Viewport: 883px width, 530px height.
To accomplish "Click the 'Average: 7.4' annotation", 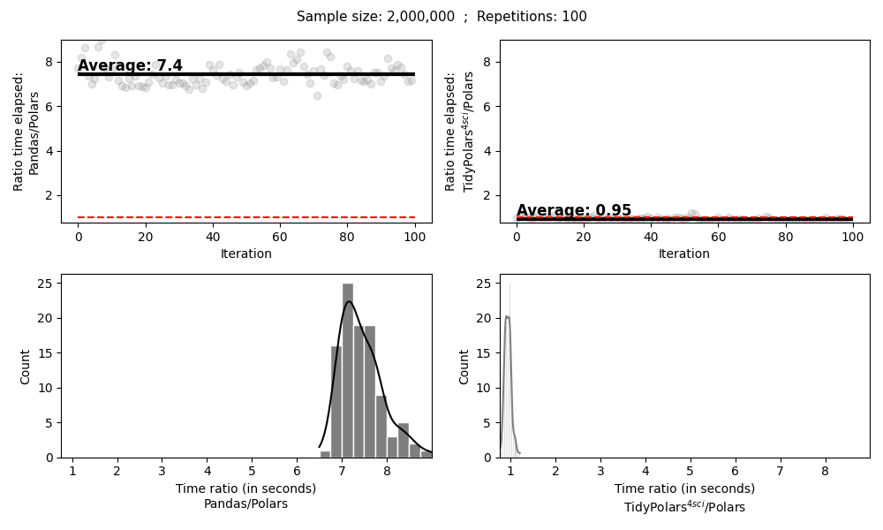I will tap(130, 65).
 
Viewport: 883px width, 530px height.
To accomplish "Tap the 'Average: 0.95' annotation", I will tap(574, 210).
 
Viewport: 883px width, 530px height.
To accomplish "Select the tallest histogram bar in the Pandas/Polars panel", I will tap(348, 370).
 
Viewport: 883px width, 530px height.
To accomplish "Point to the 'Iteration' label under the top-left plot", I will tap(245, 254).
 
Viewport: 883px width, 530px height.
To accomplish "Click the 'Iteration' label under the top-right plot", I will tap(684, 254).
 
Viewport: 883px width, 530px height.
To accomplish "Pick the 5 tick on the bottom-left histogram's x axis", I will tap(252, 471).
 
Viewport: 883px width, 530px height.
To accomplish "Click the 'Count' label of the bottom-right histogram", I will tap(464, 366).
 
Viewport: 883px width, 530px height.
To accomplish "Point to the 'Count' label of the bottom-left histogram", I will tap(26, 366).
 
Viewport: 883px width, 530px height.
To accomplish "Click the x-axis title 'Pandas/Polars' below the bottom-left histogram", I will tap(245, 503).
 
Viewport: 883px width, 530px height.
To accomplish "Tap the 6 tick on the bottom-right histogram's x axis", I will tap(736, 471).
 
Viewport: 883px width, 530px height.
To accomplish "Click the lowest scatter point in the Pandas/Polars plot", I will tap(317, 95).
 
